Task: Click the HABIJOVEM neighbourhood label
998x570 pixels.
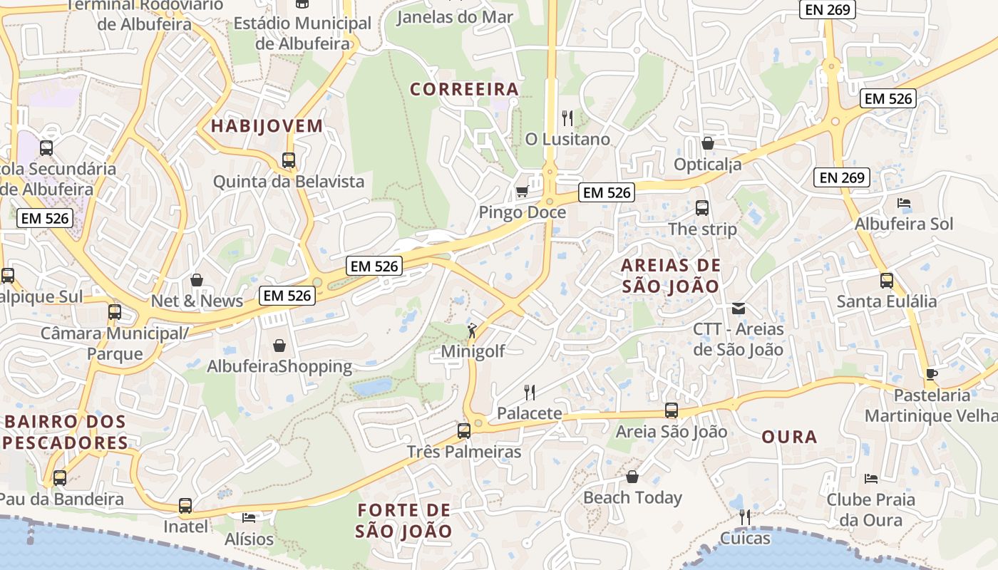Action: (267, 126)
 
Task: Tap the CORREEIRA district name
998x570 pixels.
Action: (464, 89)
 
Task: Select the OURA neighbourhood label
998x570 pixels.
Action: (789, 437)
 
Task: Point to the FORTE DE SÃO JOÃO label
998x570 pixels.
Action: (404, 521)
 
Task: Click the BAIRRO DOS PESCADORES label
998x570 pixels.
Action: (66, 432)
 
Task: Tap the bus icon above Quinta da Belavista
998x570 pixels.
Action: (289, 160)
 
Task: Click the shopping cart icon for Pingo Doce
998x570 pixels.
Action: (522, 191)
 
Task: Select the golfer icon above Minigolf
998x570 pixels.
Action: (472, 330)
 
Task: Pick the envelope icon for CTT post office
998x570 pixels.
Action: (739, 309)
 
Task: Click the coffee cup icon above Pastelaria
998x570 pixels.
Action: (931, 374)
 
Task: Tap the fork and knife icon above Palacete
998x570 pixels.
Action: (530, 392)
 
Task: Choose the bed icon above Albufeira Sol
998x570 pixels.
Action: (904, 203)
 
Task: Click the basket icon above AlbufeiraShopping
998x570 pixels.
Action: (279, 346)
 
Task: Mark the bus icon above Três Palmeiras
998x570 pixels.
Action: (464, 430)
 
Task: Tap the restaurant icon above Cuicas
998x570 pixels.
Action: (745, 517)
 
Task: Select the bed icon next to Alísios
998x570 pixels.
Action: (249, 518)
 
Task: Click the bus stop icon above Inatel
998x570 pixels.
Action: (185, 506)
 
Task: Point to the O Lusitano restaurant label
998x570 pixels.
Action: (567, 139)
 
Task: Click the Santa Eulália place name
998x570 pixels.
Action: (887, 301)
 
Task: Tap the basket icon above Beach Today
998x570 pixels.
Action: (632, 477)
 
